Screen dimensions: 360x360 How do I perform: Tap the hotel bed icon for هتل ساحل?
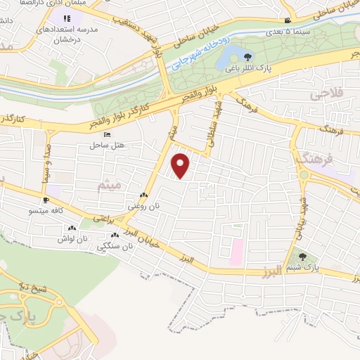[107, 134]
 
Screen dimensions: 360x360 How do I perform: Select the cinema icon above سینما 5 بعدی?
[288, 22]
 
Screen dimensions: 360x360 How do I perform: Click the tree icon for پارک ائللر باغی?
[247, 57]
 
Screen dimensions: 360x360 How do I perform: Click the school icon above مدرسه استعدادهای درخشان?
[67, 19]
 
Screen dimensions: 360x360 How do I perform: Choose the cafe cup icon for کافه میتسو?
[46, 200]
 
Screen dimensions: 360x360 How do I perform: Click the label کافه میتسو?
[45, 210]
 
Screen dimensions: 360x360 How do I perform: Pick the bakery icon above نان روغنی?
[143, 196]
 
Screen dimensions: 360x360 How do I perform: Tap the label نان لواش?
[72, 239]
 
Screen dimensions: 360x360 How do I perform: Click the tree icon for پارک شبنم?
[303, 257]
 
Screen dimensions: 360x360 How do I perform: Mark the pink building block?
[236, 249]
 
